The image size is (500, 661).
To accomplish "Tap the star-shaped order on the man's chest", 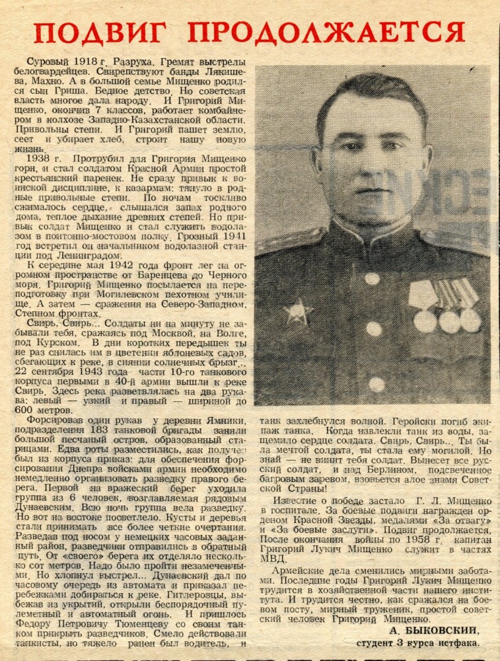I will click(x=298, y=311).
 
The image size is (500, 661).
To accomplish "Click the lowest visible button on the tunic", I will click(x=376, y=384).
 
